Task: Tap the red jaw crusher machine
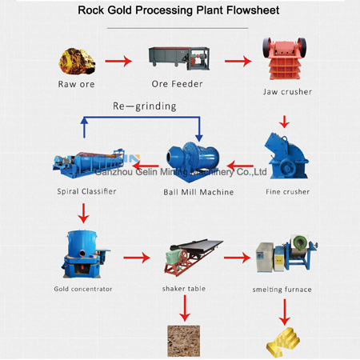tap(285, 59)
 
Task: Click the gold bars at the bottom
tap(284, 341)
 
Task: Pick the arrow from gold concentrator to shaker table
tap(137, 258)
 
